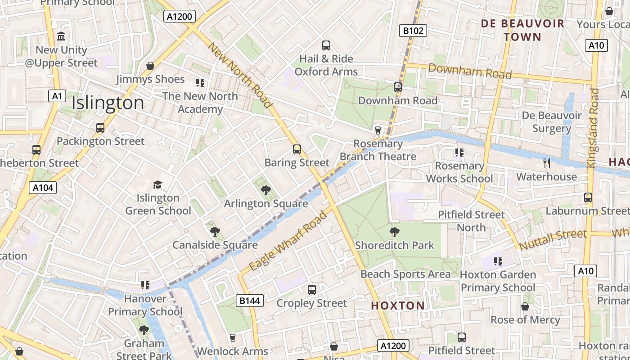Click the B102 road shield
point(413,31)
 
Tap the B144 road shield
point(249,301)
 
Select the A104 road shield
point(43,188)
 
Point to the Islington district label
point(108,103)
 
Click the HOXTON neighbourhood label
point(398,306)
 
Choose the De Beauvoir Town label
point(522,30)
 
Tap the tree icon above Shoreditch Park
point(395,232)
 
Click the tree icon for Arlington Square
point(265,190)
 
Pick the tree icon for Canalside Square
point(215,232)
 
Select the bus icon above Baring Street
point(297,149)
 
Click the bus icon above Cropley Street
point(311,290)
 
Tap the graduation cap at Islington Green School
point(157,184)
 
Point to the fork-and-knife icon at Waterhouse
point(547,163)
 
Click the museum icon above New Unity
point(61,36)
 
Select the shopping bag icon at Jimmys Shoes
point(150,66)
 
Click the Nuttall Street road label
point(553,240)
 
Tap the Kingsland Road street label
point(594,128)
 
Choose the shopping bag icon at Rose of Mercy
point(525,307)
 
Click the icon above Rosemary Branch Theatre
point(378,130)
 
